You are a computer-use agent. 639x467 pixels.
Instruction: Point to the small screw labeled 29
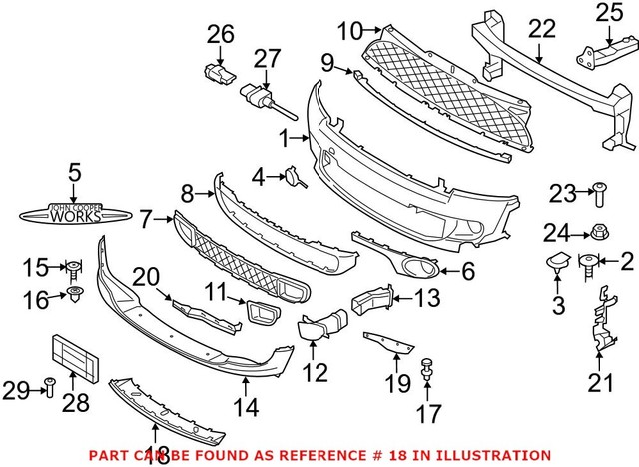(x=48, y=387)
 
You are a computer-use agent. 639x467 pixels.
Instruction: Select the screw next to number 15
(x=73, y=267)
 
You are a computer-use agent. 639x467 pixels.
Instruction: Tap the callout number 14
(x=244, y=407)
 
